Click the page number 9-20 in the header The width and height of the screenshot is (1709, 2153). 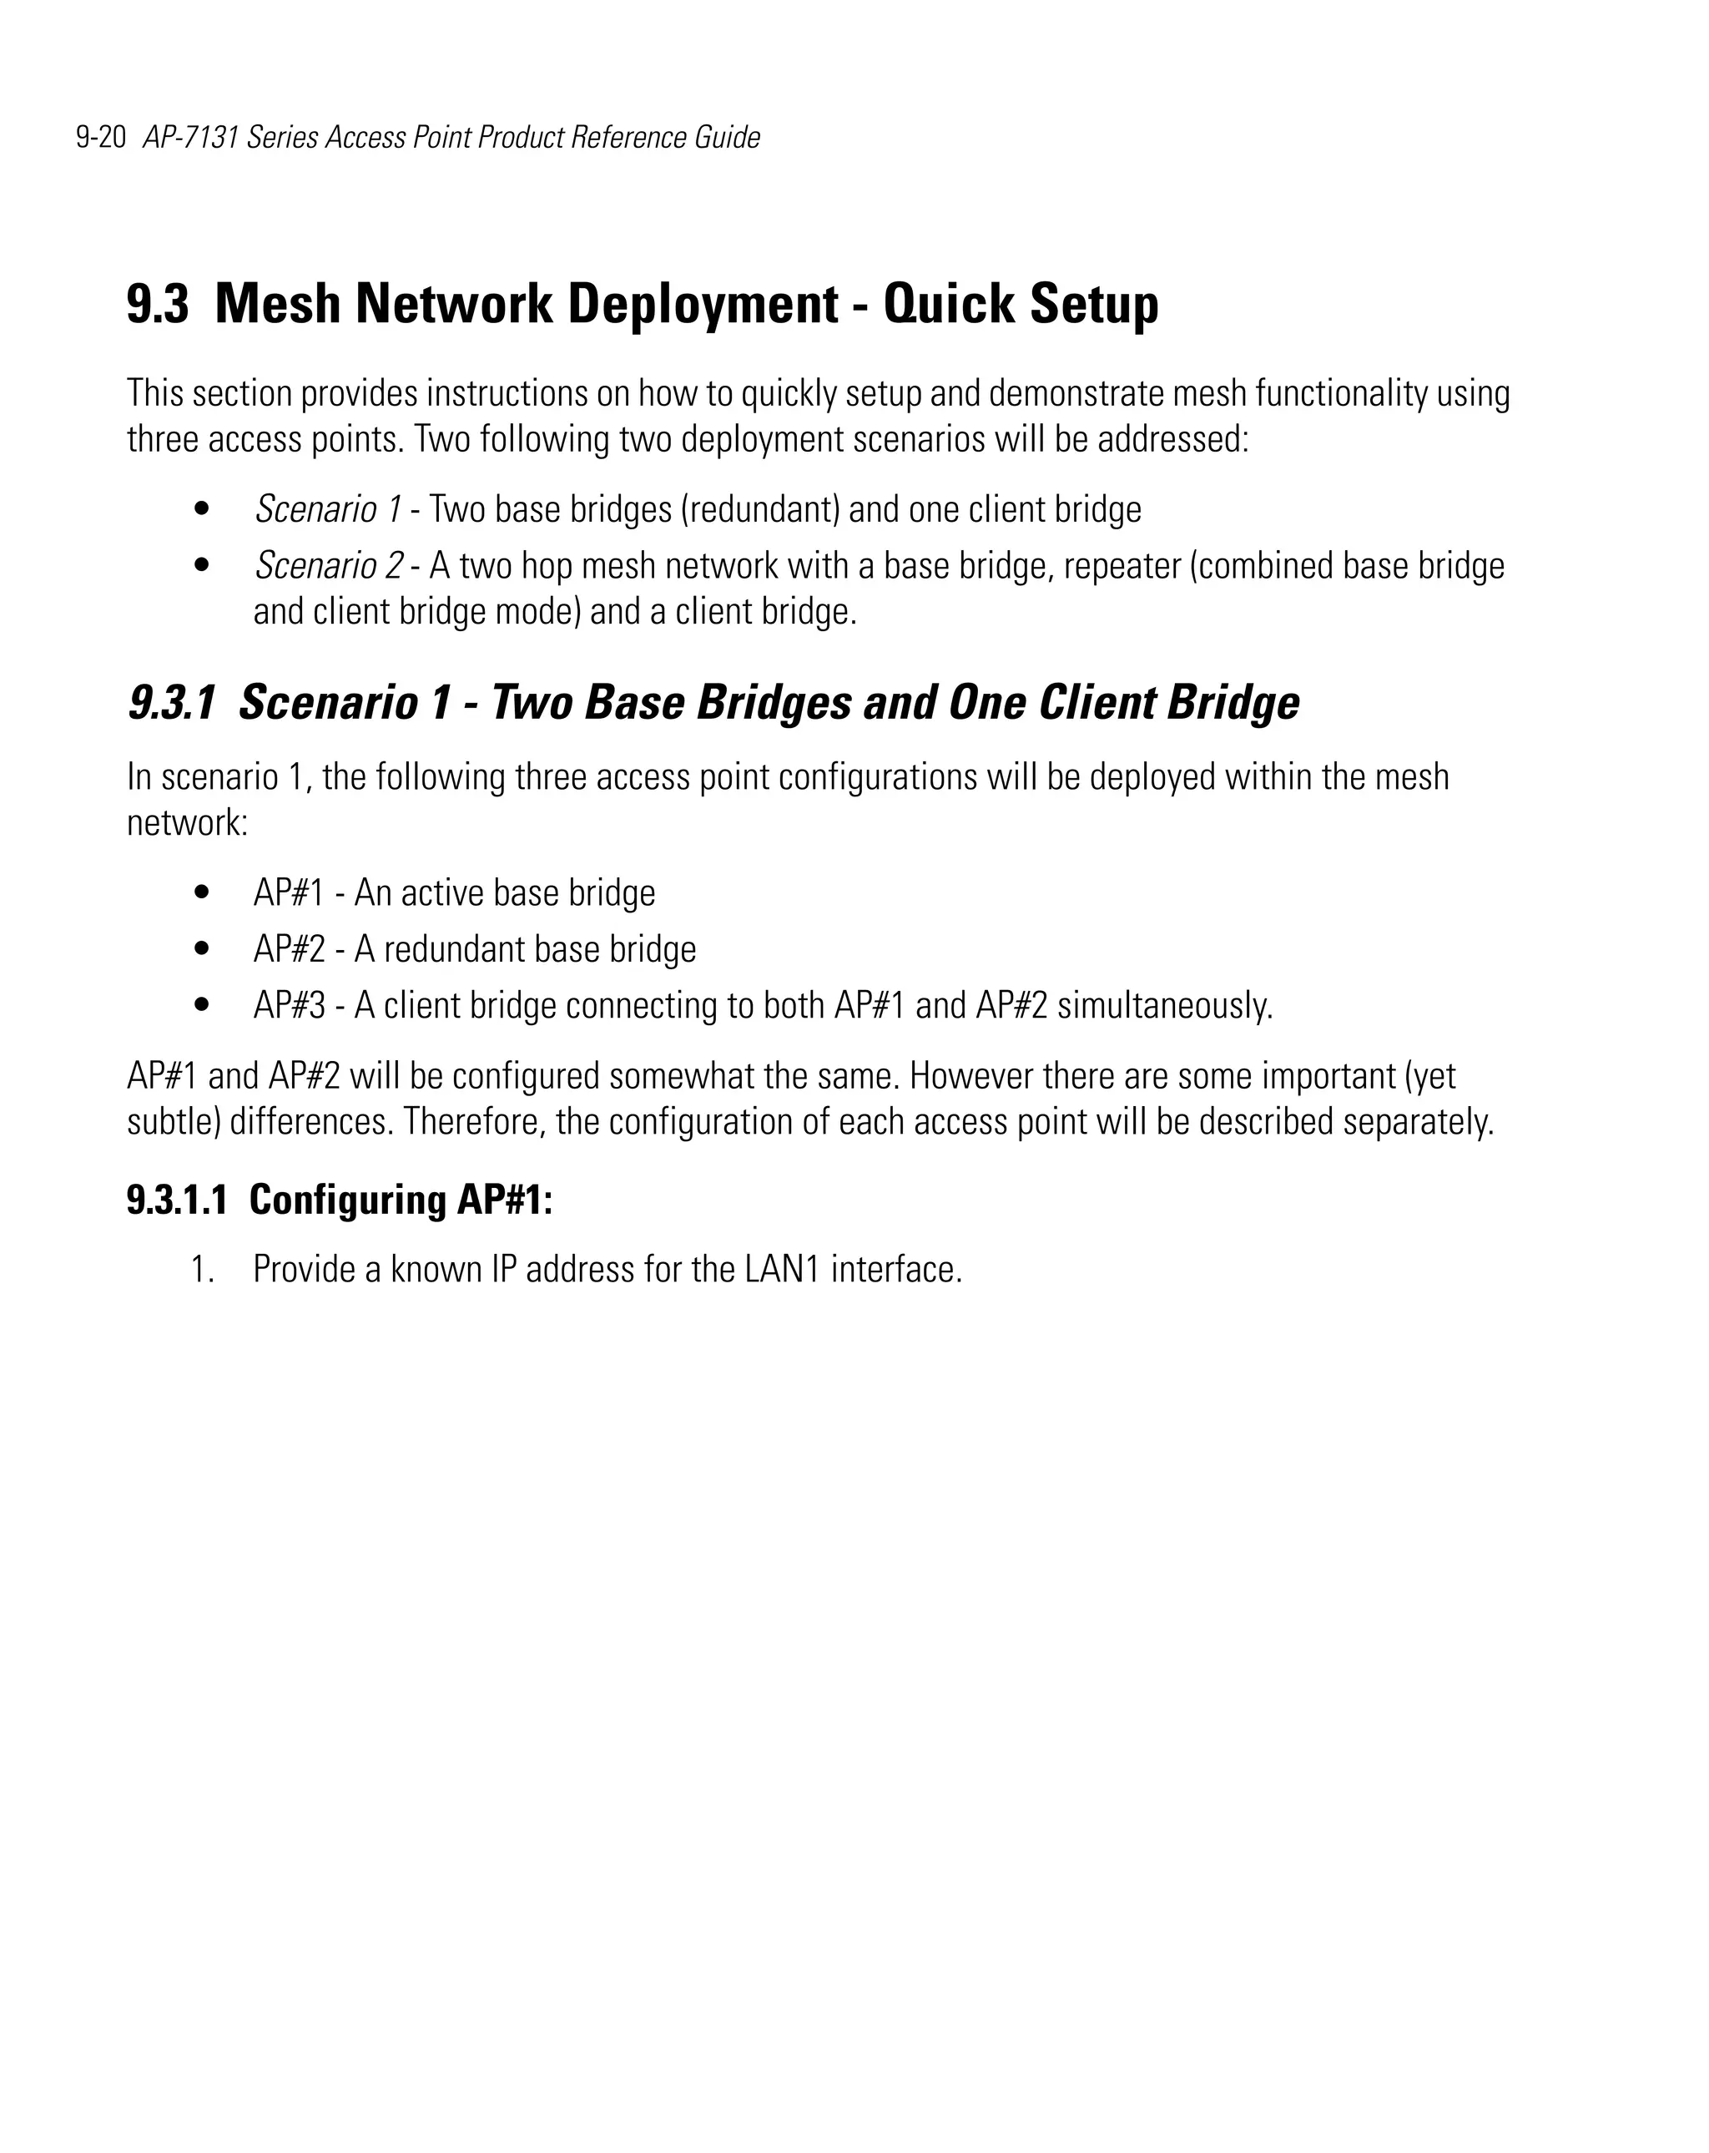point(101,137)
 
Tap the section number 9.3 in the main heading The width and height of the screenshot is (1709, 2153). point(157,304)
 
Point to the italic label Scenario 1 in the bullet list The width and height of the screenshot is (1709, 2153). point(327,509)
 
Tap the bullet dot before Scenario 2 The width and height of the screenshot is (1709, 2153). point(202,565)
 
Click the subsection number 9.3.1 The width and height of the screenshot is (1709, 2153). point(171,702)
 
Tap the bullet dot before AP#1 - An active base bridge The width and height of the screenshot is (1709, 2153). point(202,892)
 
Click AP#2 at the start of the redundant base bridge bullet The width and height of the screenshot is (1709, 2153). point(289,948)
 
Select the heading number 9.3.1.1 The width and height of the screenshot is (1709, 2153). point(177,1200)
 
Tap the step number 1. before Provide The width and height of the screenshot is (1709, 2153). point(202,1269)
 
